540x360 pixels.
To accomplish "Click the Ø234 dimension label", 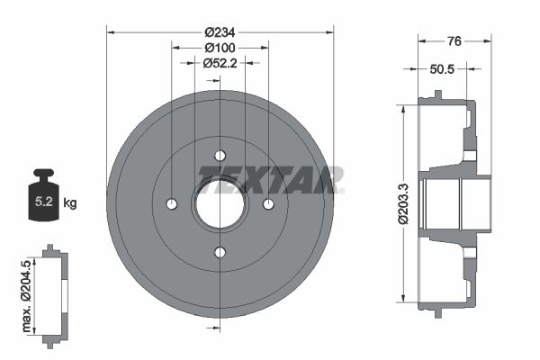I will coord(220,31).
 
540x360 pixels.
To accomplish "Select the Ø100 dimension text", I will coord(220,47).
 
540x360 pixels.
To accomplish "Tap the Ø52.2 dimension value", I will coord(220,63).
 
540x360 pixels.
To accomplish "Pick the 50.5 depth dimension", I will coord(442,67).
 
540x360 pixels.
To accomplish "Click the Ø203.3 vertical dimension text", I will coord(404,204).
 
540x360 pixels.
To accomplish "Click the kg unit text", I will coord(70,203).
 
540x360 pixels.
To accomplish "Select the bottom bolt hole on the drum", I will coord(220,252).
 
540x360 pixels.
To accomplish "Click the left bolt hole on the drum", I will coord(172,204).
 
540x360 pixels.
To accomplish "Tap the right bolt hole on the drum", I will coord(267,204).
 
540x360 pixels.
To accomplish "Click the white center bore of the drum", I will coord(220,205).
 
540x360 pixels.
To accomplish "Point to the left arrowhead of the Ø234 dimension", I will coord(111,31).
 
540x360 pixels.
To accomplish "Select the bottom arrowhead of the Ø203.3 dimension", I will coord(404,301).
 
